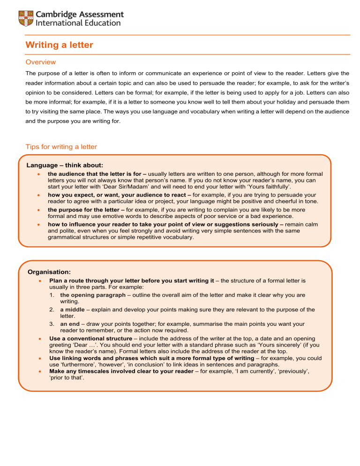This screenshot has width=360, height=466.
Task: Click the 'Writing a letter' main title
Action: [x=59, y=45]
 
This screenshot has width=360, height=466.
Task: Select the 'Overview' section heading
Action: [x=40, y=62]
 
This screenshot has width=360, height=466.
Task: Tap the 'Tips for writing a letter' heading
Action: [x=61, y=147]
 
